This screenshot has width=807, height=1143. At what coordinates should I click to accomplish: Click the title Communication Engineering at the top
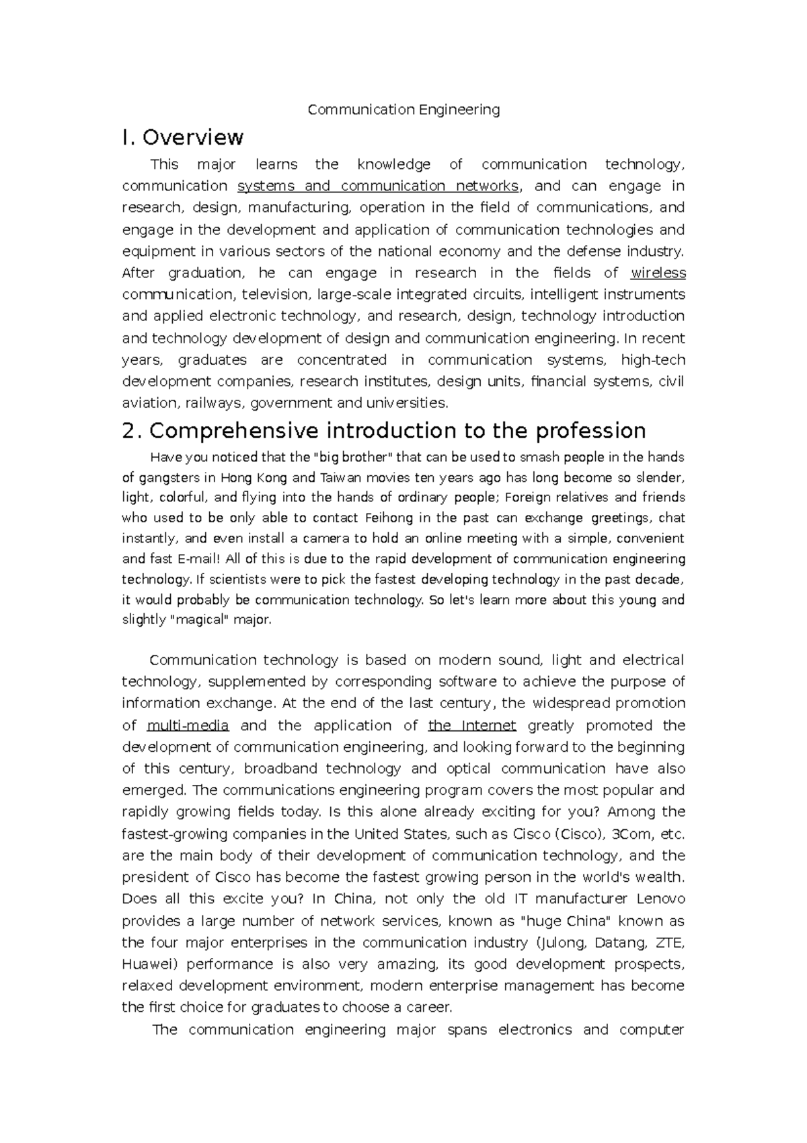pyautogui.click(x=403, y=110)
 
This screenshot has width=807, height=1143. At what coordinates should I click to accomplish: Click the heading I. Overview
pyautogui.click(x=182, y=137)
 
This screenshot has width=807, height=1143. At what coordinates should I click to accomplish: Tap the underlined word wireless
pyautogui.click(x=658, y=273)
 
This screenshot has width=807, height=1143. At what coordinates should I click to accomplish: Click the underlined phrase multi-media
pyautogui.click(x=188, y=726)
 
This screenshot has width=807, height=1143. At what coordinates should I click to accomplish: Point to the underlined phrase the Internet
pyautogui.click(x=472, y=726)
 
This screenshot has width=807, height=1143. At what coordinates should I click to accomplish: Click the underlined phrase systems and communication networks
pyautogui.click(x=378, y=186)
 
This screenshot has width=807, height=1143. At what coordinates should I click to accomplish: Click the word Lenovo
pyautogui.click(x=660, y=899)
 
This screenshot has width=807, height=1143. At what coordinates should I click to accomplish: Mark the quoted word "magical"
pyautogui.click(x=201, y=620)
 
